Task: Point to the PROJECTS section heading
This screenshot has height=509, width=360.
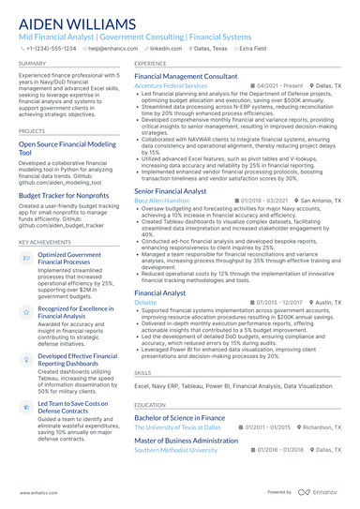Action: pos(33,131)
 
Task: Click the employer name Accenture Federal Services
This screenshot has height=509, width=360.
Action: pos(171,85)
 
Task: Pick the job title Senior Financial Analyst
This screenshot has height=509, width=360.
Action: pos(171,190)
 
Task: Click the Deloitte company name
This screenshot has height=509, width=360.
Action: pos(145,304)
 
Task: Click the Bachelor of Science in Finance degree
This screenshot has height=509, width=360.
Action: pos(179,416)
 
